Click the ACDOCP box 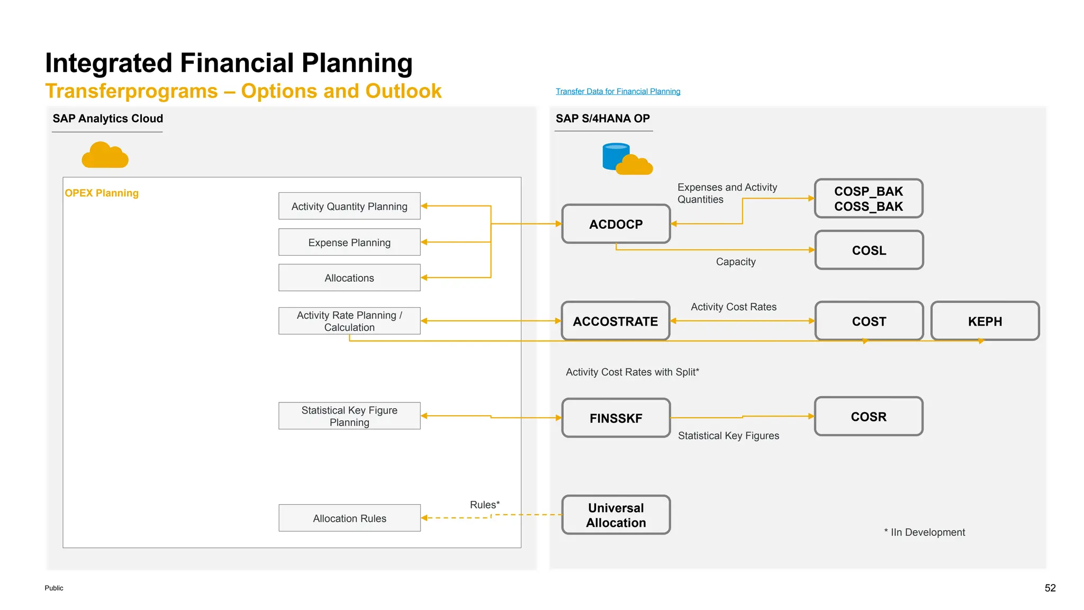[616, 224]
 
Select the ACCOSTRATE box [615, 321]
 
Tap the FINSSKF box [616, 418]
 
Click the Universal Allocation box [616, 515]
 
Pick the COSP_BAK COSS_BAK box [868, 199]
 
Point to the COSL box [869, 250]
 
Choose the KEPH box [984, 321]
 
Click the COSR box [868, 416]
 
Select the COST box [869, 321]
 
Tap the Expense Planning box [349, 242]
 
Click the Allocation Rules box [349, 518]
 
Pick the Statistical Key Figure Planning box [349, 416]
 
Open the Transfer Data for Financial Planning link [618, 91]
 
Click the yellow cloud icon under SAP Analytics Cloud [105, 155]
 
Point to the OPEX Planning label [102, 193]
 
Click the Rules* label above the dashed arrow [484, 505]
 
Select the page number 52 [1050, 588]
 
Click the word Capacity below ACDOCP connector [735, 262]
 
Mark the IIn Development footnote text [927, 532]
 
